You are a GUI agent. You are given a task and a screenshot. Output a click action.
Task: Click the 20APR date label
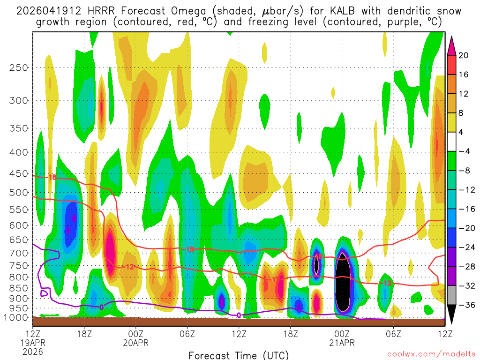(x=136, y=343)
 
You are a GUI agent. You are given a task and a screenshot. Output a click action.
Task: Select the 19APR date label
(x=33, y=343)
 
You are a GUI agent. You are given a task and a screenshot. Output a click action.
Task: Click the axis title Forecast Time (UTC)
(x=239, y=355)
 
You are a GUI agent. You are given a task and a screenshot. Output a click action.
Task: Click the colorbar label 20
(x=464, y=55)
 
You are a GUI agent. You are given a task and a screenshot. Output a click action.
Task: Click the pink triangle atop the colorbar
(x=452, y=45)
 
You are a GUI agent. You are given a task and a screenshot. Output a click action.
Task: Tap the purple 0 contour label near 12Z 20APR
(x=239, y=315)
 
